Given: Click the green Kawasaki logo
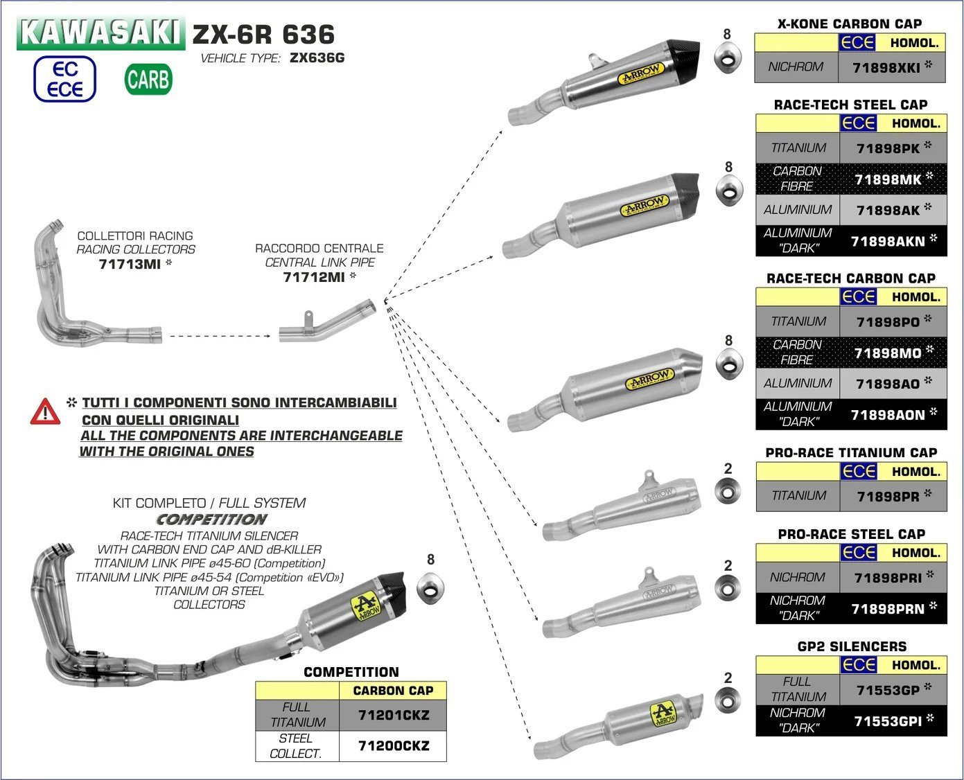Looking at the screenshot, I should tap(101, 33).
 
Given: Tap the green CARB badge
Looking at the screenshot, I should tap(148, 80).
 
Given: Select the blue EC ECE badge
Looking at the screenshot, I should tap(65, 79).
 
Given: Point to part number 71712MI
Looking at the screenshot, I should tap(314, 277).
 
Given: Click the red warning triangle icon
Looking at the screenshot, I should tap(45, 411).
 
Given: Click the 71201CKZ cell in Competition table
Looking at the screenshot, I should tap(393, 715).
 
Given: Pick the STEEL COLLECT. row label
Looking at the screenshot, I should tap(296, 746).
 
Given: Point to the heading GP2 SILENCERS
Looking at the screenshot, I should tap(852, 646).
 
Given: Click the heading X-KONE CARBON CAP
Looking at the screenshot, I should tap(850, 24).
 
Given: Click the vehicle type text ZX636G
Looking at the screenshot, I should tap(317, 58).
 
